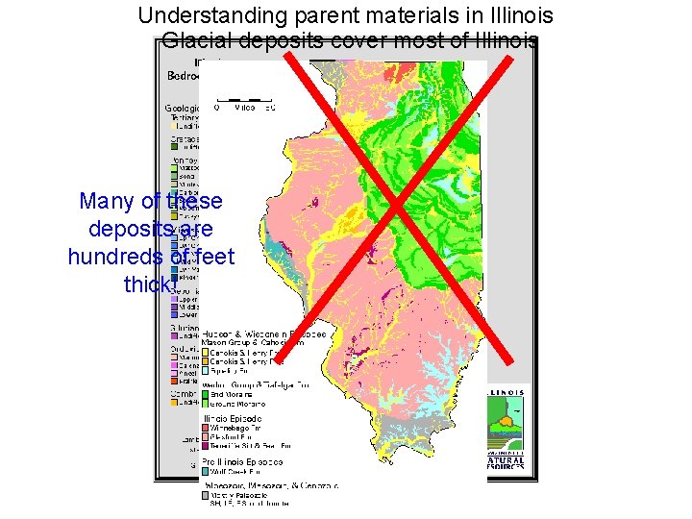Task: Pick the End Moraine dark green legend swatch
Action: pos(206,394)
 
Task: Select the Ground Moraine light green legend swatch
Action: pos(206,404)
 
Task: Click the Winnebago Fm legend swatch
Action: pos(206,429)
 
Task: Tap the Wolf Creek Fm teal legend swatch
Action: pos(206,472)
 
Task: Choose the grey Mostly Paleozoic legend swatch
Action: pos(206,495)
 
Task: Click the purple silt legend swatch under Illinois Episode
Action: pos(206,447)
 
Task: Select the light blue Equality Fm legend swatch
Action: pos(206,368)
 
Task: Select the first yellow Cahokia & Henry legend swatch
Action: pos(206,351)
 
